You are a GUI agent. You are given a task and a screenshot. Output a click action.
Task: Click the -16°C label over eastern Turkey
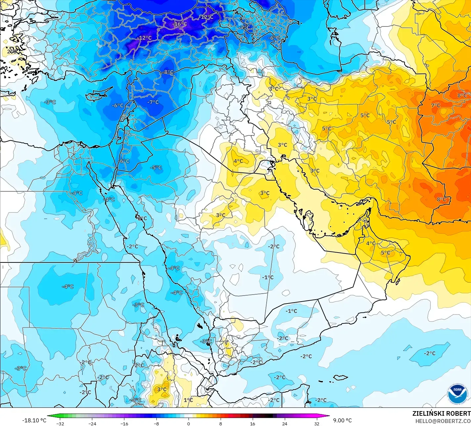click(181, 24)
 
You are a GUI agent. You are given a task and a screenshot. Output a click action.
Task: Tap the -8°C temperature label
click(168, 72)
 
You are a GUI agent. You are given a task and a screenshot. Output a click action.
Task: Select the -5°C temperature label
click(156, 167)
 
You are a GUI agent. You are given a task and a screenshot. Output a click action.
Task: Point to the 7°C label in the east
click(436, 105)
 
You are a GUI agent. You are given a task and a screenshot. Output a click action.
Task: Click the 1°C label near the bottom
click(188, 400)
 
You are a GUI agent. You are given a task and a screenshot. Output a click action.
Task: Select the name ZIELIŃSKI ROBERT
click(441, 413)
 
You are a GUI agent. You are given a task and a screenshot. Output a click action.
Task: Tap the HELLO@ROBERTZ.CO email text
click(443, 421)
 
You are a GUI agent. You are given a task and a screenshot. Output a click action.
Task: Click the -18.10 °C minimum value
click(34, 420)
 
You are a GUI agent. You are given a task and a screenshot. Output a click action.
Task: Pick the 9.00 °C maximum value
click(342, 420)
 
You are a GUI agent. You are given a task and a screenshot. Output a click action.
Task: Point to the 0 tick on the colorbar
click(189, 423)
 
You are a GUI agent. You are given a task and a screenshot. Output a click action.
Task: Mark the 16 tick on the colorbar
click(253, 423)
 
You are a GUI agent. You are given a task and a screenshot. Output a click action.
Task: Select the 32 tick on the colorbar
click(317, 423)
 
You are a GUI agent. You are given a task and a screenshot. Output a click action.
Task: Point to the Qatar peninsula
click(309, 220)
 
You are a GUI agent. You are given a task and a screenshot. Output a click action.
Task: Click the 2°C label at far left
click(12, 51)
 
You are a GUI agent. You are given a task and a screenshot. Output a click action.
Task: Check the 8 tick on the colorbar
click(221, 423)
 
